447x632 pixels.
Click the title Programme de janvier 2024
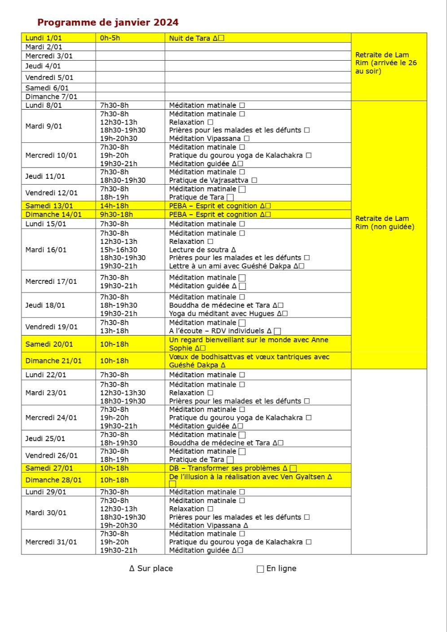point(108,22)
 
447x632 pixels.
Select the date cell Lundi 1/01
point(44,38)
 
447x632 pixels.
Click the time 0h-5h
point(110,38)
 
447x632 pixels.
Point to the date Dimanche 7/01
point(51,97)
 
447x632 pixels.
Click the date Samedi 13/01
point(49,206)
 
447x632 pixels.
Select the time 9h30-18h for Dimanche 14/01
point(116,214)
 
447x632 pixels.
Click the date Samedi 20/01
point(49,344)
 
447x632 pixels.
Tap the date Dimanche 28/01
point(53,480)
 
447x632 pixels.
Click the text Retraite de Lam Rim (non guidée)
point(385,222)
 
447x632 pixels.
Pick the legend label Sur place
point(154,568)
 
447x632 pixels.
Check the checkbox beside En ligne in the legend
point(260,569)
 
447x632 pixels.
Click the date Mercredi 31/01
point(51,542)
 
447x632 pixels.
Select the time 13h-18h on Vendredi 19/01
point(114,331)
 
